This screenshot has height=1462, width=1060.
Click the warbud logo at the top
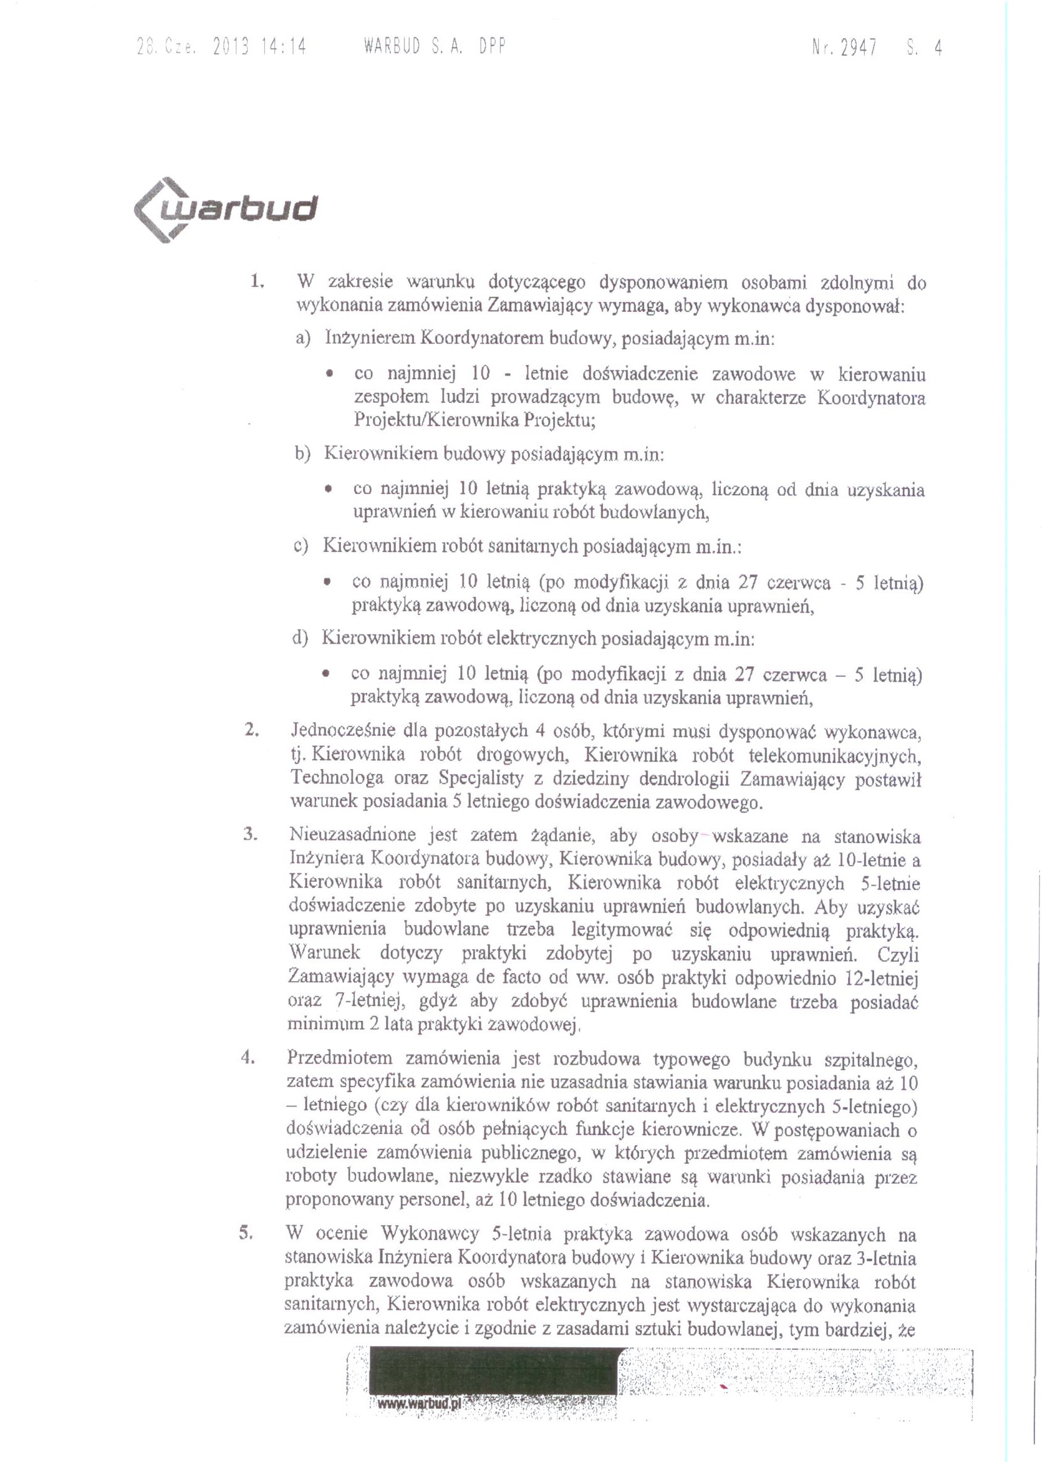click(x=226, y=210)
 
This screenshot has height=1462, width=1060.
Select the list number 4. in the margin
click(x=249, y=1058)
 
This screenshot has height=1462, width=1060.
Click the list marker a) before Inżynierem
click(x=303, y=338)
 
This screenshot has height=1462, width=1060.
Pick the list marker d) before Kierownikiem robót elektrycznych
click(x=300, y=638)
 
